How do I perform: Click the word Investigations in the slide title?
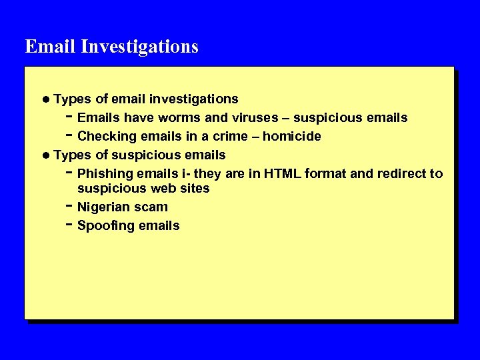[140, 47]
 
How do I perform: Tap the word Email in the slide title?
[51, 47]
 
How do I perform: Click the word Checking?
[105, 137]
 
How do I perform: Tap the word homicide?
[292, 137]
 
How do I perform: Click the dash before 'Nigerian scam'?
[69, 205]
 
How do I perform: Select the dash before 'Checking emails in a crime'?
[69, 135]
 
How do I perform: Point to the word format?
[326, 174]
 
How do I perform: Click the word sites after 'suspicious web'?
[195, 189]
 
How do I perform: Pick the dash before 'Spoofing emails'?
[69, 224]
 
